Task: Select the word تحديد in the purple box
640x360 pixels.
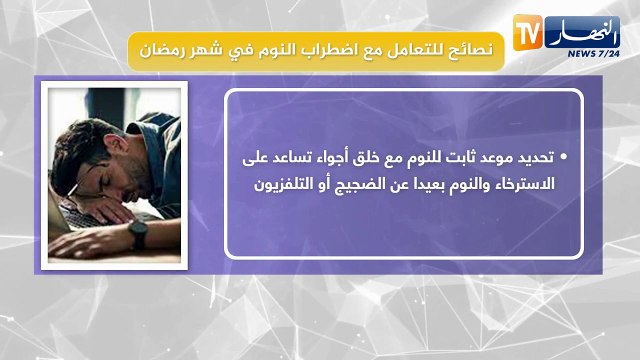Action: (x=534, y=159)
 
